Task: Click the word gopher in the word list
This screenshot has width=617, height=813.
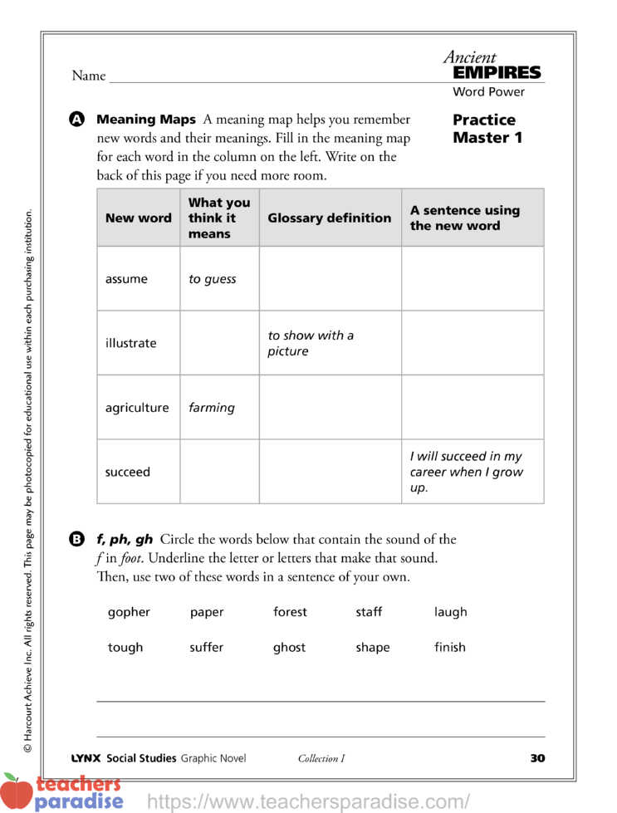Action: pos(129,612)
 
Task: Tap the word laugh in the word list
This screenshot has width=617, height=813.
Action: pos(450,612)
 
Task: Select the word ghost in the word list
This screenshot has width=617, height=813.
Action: pos(289,647)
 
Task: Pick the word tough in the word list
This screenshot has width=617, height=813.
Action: pos(125,647)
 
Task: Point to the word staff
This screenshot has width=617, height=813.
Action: pos(369,612)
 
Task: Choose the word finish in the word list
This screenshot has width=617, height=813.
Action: pos(449,647)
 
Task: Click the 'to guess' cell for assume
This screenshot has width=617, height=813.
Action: pos(213,279)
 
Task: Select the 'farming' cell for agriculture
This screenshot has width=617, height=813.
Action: pos(212,408)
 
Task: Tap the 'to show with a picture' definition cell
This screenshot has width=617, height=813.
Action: pos(311,343)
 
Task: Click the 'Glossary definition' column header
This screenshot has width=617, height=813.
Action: pos(329,218)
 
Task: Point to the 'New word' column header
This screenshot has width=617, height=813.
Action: pos(138,218)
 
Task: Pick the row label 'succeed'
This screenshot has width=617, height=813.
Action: pos(128,472)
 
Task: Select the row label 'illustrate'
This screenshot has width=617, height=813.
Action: pos(130,343)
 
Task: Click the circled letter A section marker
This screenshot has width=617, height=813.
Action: pos(77,120)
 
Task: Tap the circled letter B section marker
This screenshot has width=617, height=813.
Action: pos(77,540)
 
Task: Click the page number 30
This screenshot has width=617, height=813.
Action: pos(537,757)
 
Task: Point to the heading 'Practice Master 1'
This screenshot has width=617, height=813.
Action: pos(487,129)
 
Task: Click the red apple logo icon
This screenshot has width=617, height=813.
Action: pos(16,791)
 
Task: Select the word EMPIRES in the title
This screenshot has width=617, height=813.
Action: pos(497,73)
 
